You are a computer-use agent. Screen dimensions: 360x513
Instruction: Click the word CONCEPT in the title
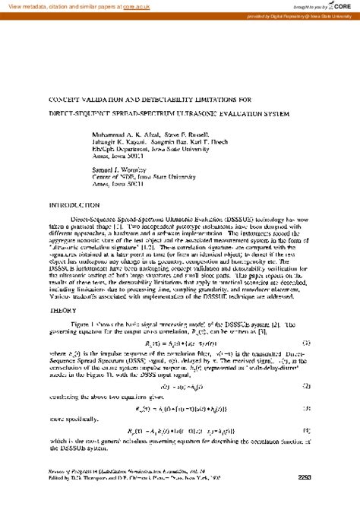pos(66,100)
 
